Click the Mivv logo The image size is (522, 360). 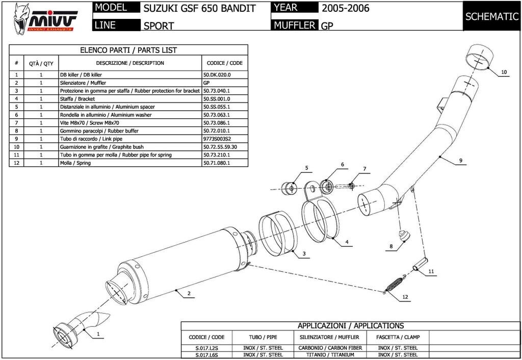pyautogui.click(x=45, y=19)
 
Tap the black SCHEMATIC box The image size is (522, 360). pyautogui.click(x=491, y=16)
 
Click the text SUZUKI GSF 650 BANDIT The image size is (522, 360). pyautogui.click(x=199, y=8)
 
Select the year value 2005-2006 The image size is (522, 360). pyautogui.click(x=345, y=8)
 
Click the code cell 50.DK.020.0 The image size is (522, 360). pyautogui.click(x=217, y=75)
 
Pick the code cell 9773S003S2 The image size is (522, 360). pyautogui.click(x=217, y=139)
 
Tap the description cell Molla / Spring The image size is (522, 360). pyautogui.click(x=75, y=163)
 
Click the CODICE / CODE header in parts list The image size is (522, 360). pyautogui.click(x=225, y=63)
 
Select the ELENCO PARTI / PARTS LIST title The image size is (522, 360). pyautogui.click(x=128, y=50)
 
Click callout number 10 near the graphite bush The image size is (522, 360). pyautogui.click(x=504, y=72)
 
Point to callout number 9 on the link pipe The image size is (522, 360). pyautogui.click(x=461, y=161)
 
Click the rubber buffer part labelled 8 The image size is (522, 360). pyautogui.click(x=404, y=235)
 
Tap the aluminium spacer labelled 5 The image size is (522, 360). pyautogui.click(x=289, y=189)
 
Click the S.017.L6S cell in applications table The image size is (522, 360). pyautogui.click(x=207, y=355)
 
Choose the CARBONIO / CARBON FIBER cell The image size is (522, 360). pyautogui.click(x=330, y=348)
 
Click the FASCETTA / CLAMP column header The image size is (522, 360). pyautogui.click(x=398, y=337)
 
